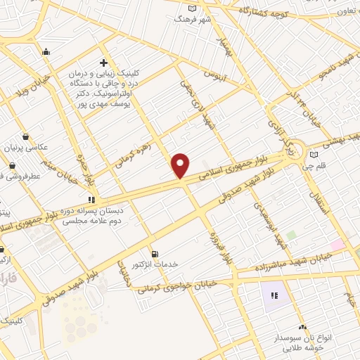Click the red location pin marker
[181, 165]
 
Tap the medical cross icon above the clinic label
[104, 63]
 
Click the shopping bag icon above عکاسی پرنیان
[26, 137]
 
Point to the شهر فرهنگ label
[193, 18]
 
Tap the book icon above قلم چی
[314, 155]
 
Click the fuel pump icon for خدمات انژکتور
[155, 254]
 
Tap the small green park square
[290, 235]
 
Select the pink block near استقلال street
[338, 245]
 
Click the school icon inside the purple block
[274, 295]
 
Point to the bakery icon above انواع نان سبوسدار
[302, 327]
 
